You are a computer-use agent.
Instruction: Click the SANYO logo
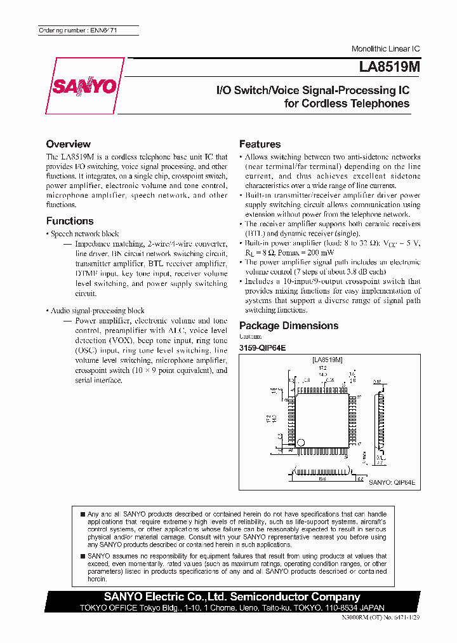tap(84, 86)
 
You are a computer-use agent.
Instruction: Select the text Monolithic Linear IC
tap(386, 49)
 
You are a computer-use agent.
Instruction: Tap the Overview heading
tap(69, 144)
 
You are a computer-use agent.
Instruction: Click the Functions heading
tap(70, 221)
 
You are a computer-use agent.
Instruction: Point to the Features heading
tap(260, 144)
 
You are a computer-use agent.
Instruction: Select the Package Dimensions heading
tap(289, 325)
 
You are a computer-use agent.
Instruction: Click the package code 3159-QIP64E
tap(263, 348)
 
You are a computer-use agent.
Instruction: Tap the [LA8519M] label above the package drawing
tap(328, 360)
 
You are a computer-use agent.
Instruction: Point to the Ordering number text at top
tap(77, 30)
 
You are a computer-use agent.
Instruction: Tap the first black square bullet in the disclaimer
tap(83, 513)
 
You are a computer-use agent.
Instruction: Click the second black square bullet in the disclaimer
tap(83, 555)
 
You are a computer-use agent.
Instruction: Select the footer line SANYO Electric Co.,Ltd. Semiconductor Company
tap(232, 597)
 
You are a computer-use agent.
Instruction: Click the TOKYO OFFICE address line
tap(232, 607)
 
